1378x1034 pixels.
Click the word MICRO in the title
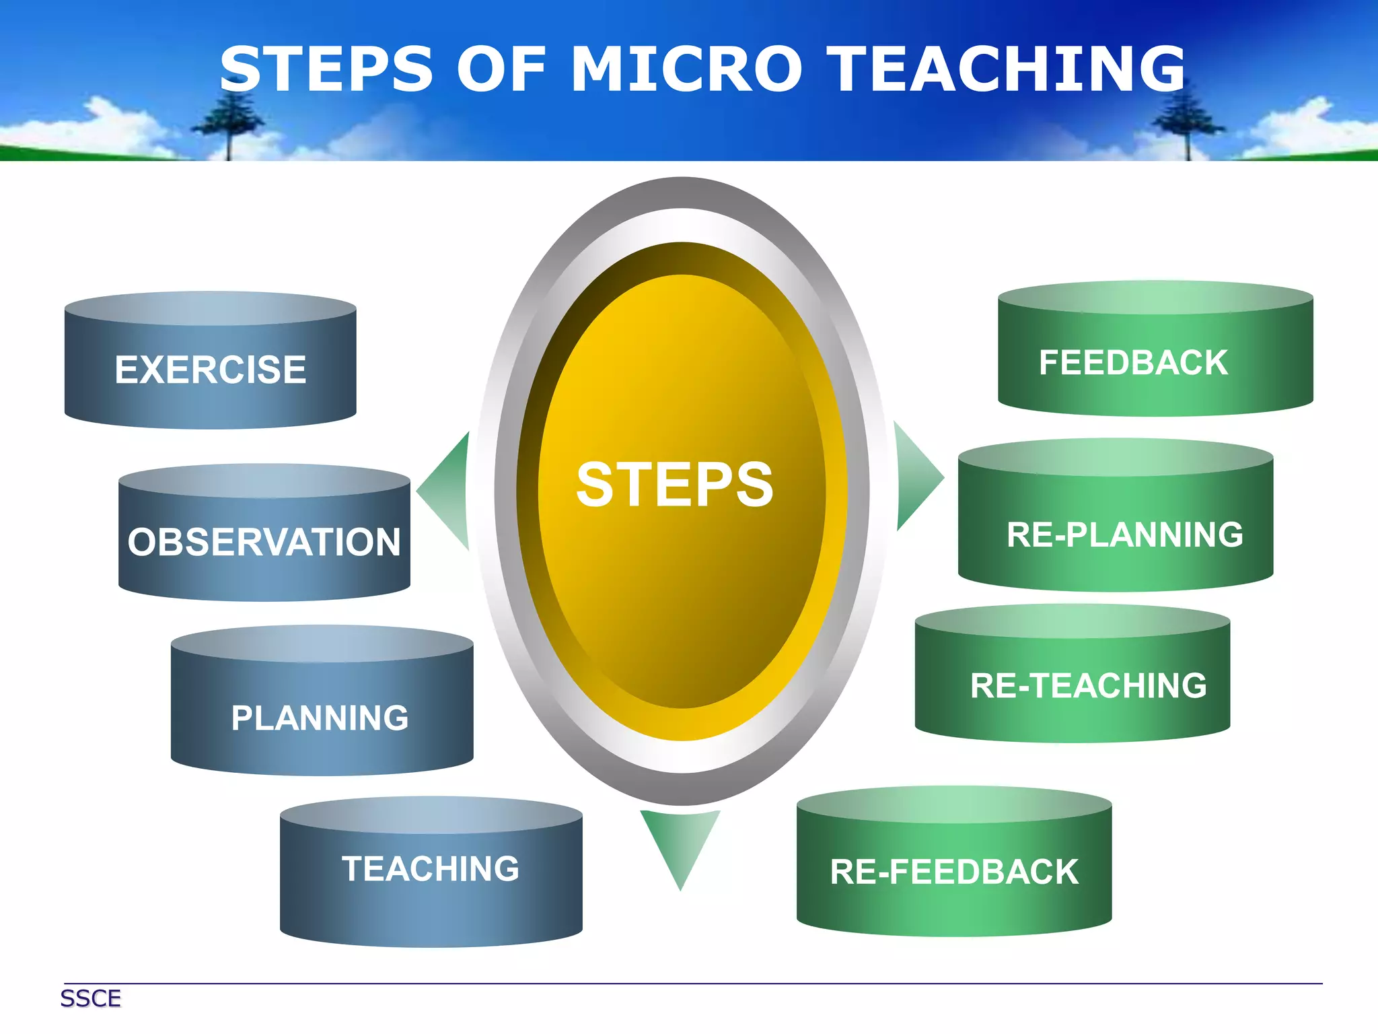click(686, 69)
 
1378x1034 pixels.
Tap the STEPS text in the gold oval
click(675, 485)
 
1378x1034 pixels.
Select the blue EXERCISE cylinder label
click(211, 370)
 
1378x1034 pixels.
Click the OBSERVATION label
click(264, 542)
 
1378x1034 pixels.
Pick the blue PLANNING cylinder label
click(320, 718)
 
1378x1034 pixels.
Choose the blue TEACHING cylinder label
click(431, 868)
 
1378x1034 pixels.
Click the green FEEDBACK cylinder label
click(1134, 363)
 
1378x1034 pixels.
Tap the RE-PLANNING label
click(1125, 535)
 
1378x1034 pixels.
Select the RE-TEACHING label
click(1089, 686)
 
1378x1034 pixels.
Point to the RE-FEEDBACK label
click(954, 872)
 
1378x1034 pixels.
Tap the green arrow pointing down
click(680, 841)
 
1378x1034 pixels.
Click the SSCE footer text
click(91, 998)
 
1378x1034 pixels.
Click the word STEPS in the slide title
click(327, 69)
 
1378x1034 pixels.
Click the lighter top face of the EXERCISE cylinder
click(211, 308)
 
